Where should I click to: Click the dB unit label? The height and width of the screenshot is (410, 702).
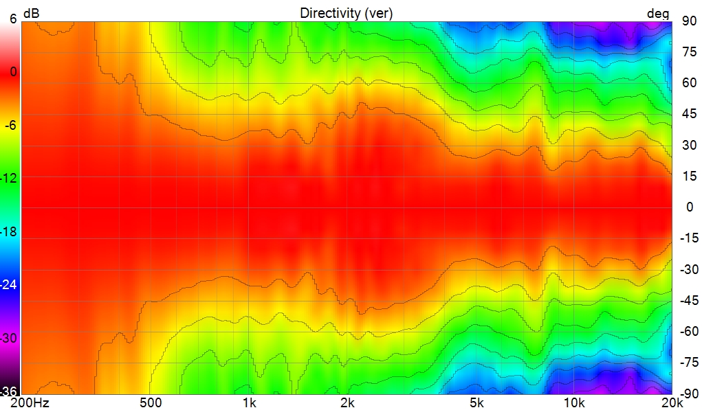click(x=32, y=13)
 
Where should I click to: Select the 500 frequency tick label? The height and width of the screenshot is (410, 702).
click(x=151, y=403)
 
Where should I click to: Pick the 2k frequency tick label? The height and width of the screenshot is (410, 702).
click(x=347, y=403)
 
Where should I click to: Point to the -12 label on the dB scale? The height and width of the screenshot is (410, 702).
click(x=10, y=178)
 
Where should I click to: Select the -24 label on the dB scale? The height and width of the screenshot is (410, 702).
click(x=10, y=284)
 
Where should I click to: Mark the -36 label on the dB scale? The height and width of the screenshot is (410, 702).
click(x=10, y=392)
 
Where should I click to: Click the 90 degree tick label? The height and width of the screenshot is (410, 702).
click(x=688, y=21)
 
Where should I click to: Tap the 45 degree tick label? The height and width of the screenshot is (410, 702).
click(x=688, y=114)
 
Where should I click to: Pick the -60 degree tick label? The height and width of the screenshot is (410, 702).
click(x=688, y=331)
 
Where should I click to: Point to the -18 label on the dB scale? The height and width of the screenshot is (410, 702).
click(x=10, y=231)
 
